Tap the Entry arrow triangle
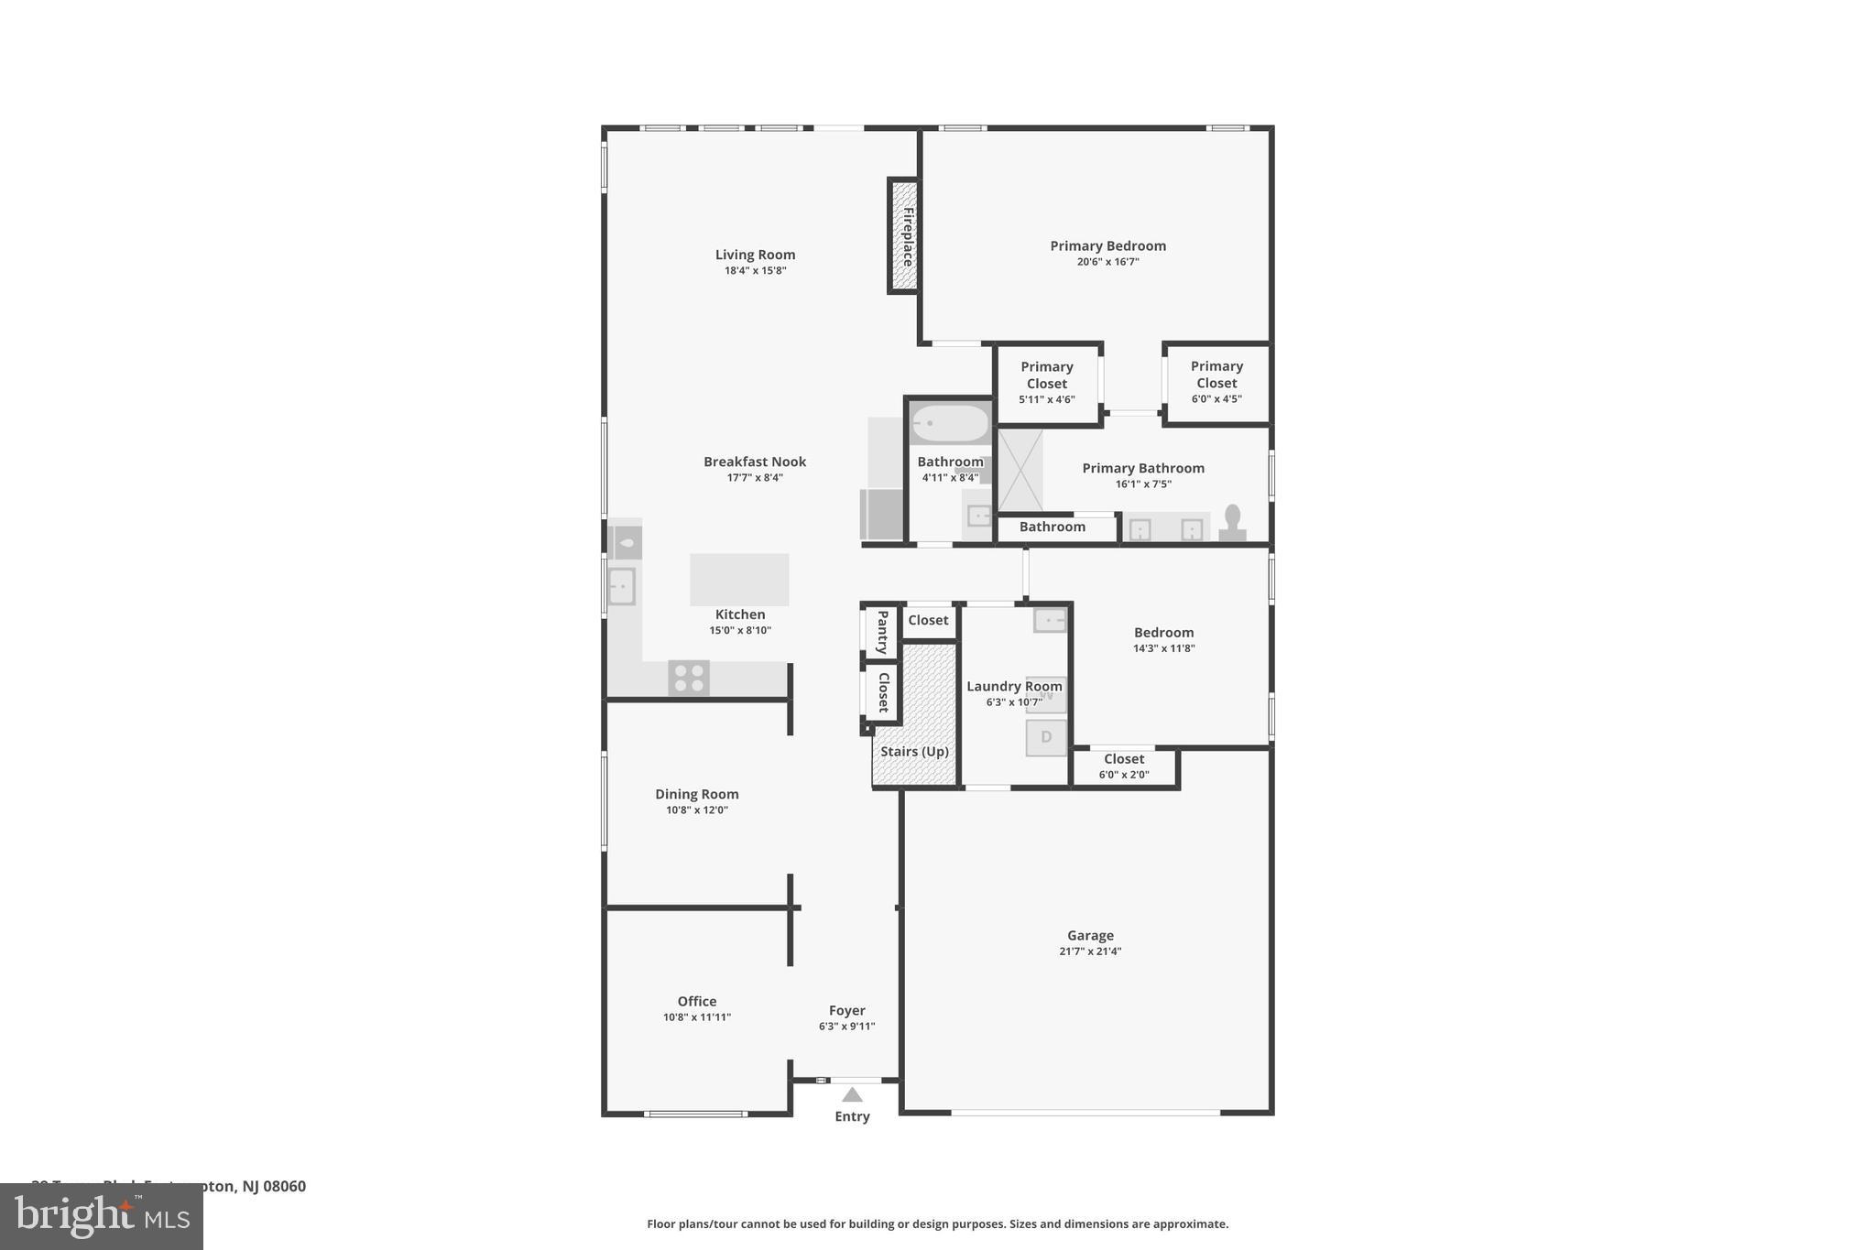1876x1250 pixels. [852, 1094]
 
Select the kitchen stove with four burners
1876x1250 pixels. [688, 679]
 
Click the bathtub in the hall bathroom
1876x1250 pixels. [951, 424]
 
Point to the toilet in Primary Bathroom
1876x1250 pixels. [1232, 522]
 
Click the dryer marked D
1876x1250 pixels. [1046, 737]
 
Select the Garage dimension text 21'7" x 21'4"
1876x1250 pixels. [1090, 951]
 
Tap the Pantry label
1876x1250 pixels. [882, 632]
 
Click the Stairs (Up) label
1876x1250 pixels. [914, 752]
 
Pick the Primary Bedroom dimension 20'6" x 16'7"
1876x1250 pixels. [1107, 262]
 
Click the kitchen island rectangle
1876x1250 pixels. [739, 579]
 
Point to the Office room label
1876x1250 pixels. [697, 1001]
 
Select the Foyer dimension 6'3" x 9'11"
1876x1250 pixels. [846, 1027]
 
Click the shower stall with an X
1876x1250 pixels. [1020, 471]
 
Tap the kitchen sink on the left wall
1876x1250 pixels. [621, 586]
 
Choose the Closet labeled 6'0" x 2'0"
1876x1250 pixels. [1124, 766]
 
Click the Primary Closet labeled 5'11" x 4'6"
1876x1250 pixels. [1046, 383]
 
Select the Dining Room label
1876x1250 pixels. [696, 794]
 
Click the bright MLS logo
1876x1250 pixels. [102, 1216]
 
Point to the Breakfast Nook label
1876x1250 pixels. [755, 462]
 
